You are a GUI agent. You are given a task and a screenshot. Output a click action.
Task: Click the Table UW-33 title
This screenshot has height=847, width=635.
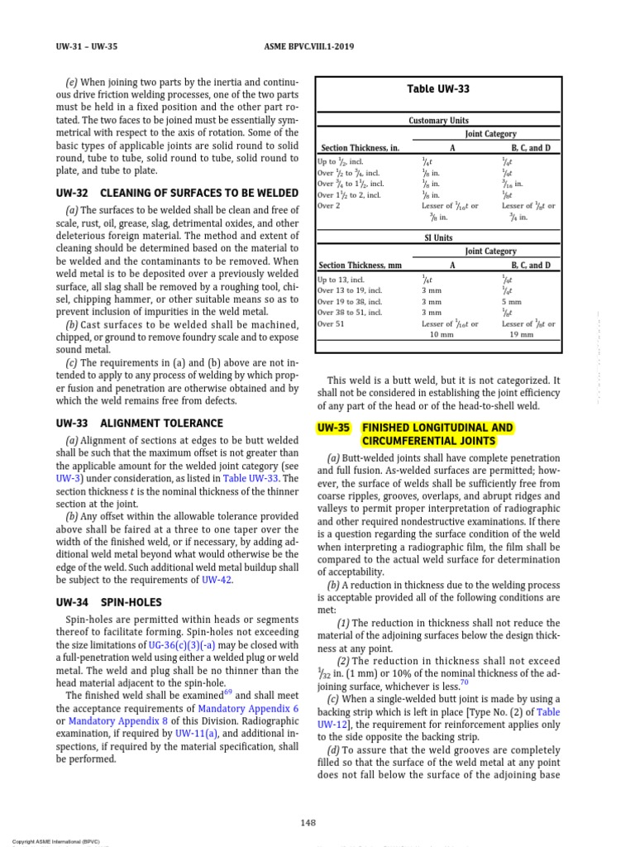pos(439,89)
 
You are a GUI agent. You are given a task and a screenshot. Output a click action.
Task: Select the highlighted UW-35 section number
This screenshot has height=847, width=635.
pos(334,428)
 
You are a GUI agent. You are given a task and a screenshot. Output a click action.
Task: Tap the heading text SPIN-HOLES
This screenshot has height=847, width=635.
pos(131,603)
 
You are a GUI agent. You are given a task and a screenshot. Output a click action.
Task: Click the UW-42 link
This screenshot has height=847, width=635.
pos(217,580)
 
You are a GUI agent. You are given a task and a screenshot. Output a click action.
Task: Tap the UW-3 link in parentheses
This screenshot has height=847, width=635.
pos(68,478)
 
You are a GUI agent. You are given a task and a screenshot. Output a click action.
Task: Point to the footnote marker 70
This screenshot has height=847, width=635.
pos(464,682)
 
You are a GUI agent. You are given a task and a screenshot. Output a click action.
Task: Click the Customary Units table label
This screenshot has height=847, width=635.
pos(438,121)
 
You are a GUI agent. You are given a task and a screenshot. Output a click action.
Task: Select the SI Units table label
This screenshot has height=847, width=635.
pos(438,237)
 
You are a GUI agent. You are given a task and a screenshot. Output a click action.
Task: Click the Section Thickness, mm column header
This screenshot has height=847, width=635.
pos(360,266)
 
